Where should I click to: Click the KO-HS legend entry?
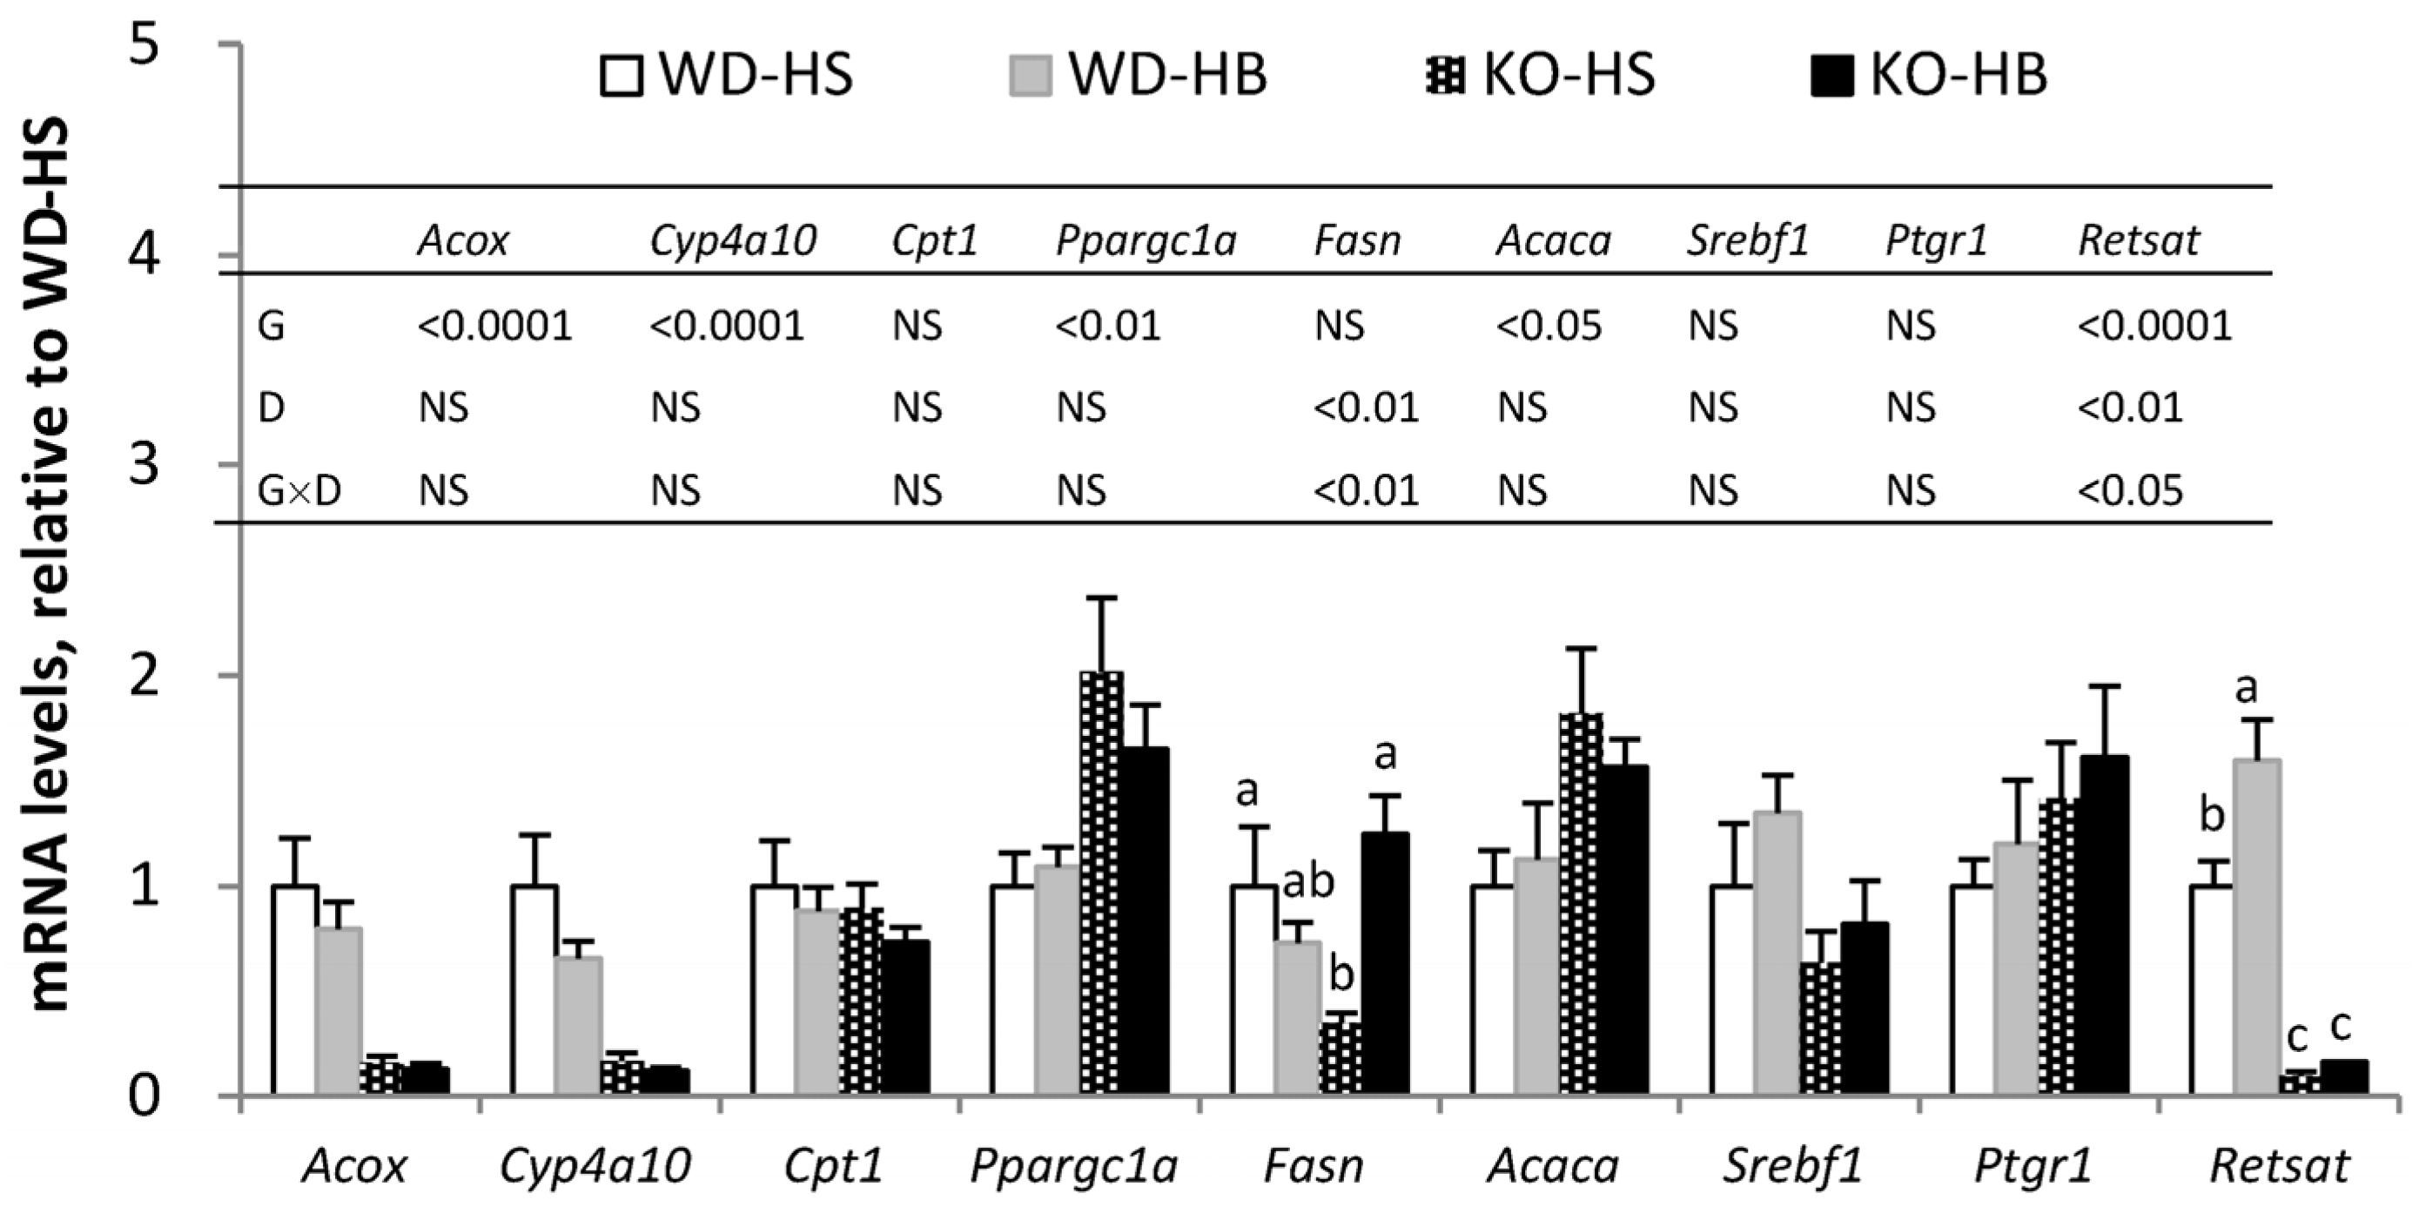(1540, 75)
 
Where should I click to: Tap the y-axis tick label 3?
(144, 464)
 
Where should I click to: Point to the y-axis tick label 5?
(144, 45)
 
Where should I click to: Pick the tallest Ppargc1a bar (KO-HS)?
(1101, 883)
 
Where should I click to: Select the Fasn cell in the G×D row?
(1366, 490)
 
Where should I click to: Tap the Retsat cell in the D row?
(2129, 408)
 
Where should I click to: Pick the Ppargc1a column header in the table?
(1146, 241)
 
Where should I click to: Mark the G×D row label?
(299, 490)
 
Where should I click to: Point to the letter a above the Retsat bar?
(2245, 689)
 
